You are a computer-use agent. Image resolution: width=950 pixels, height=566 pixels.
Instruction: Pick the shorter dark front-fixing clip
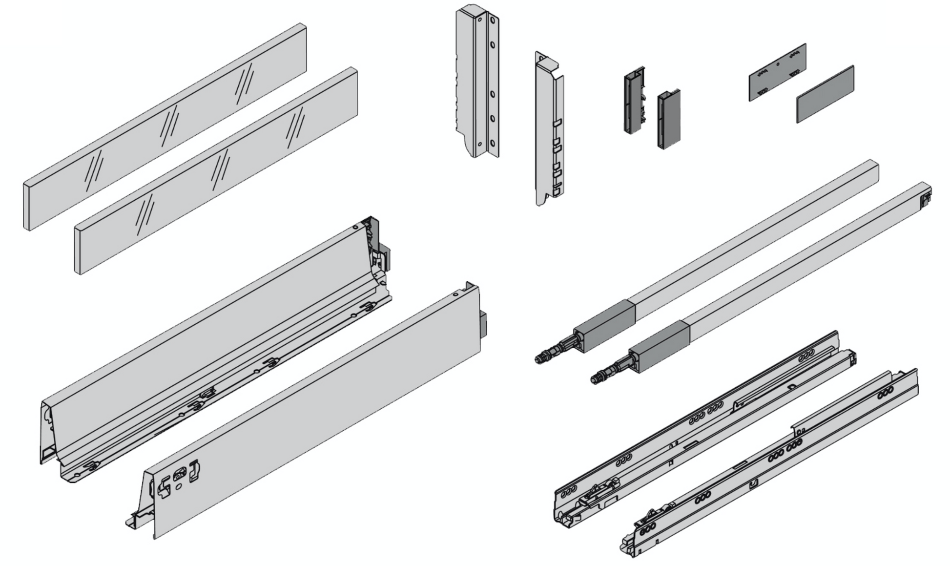(668, 120)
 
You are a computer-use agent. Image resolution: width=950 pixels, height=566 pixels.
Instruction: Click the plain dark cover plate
(825, 94)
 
